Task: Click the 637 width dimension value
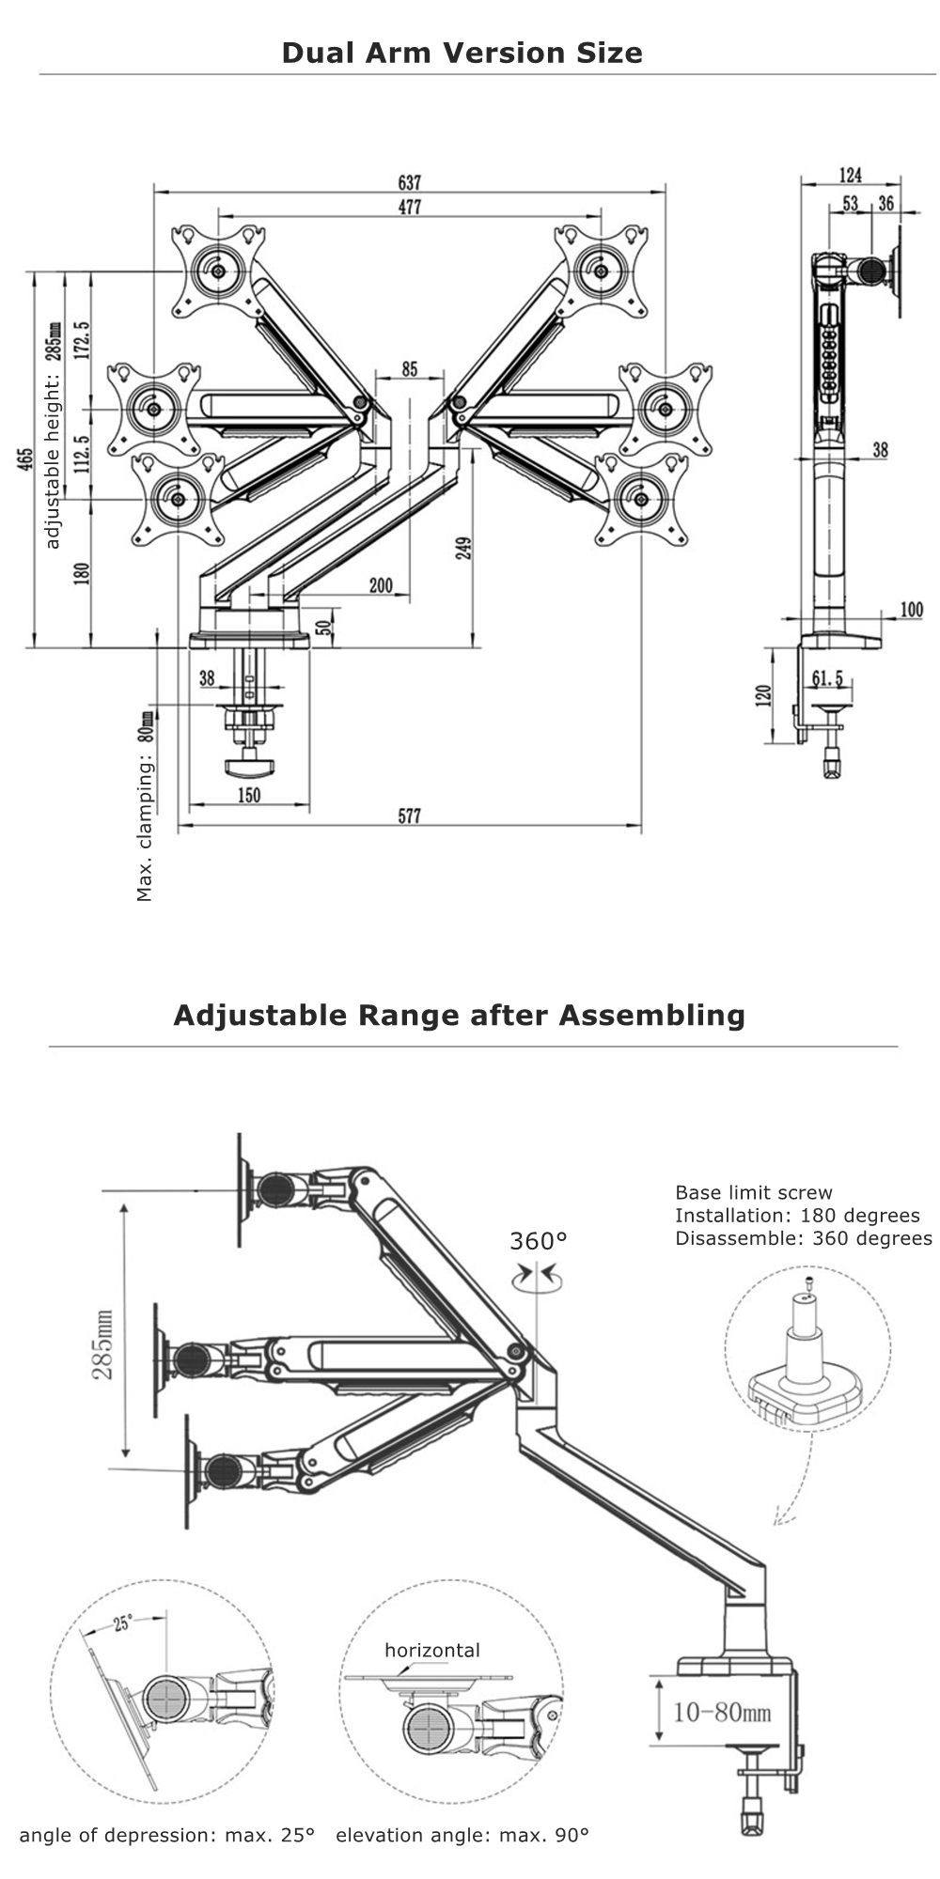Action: pyautogui.click(x=409, y=182)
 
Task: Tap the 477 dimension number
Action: pyautogui.click(x=409, y=208)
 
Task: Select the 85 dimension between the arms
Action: pyautogui.click(x=409, y=369)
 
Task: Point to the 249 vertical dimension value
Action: pyautogui.click(x=463, y=548)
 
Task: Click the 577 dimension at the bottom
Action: pyautogui.click(x=409, y=816)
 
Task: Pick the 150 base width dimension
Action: pyautogui.click(x=248, y=796)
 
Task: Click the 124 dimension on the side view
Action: pyautogui.click(x=850, y=175)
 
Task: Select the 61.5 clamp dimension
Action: pyautogui.click(x=827, y=678)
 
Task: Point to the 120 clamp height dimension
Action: pyautogui.click(x=763, y=695)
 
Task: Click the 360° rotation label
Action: pyautogui.click(x=539, y=1241)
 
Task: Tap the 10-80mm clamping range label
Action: pyautogui.click(x=722, y=1712)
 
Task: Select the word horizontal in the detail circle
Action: pyautogui.click(x=431, y=1650)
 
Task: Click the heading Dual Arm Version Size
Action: pyautogui.click(x=462, y=53)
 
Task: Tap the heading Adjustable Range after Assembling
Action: pyautogui.click(x=459, y=1015)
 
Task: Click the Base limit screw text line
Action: pyautogui.click(x=754, y=1192)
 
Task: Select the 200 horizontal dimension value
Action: pyautogui.click(x=381, y=586)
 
